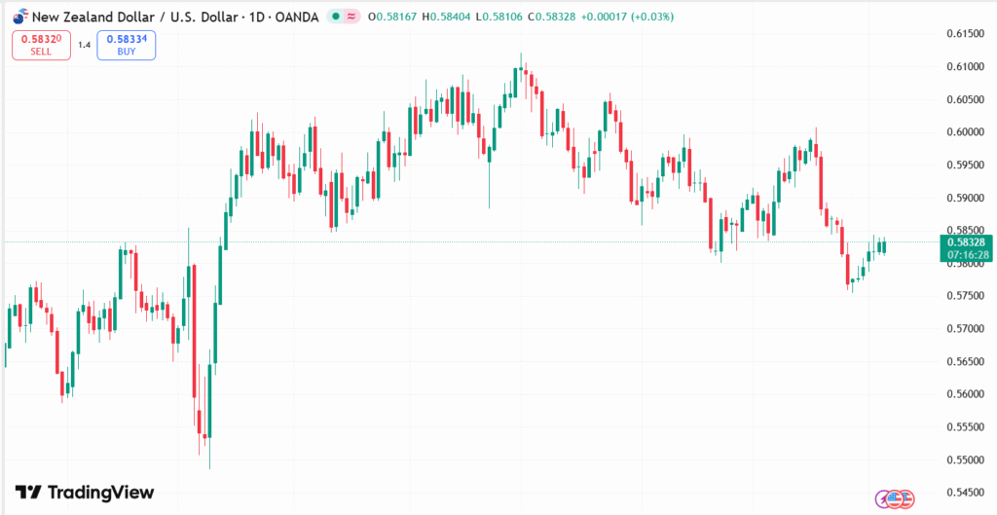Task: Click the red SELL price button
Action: click(x=41, y=45)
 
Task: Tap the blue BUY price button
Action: click(x=126, y=45)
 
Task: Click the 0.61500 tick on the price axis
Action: click(x=965, y=34)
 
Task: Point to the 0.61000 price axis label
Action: click(x=965, y=67)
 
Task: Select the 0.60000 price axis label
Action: click(x=965, y=132)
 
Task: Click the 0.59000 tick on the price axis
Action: click(x=965, y=199)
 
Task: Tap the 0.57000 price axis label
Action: click(x=965, y=329)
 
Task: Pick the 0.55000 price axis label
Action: click(x=965, y=460)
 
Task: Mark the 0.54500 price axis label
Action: click(x=965, y=493)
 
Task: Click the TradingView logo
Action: click(x=85, y=493)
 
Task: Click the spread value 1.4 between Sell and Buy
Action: click(x=84, y=45)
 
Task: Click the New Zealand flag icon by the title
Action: click(x=19, y=17)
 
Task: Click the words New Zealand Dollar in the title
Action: click(x=88, y=17)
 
